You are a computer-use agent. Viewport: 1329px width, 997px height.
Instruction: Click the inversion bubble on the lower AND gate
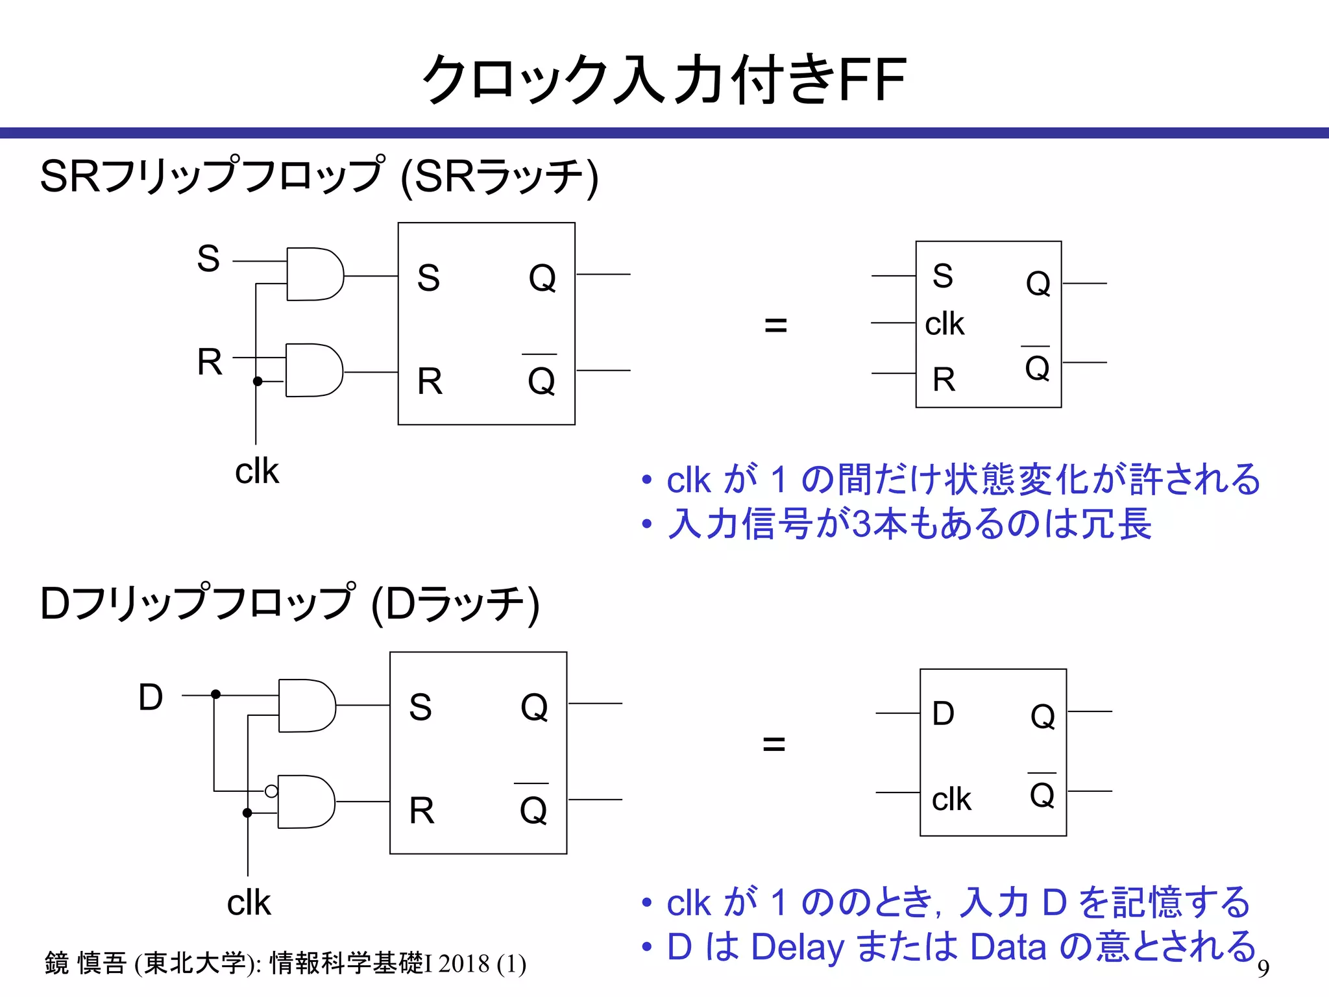271,791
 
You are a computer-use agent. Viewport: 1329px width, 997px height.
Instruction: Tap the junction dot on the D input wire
216,695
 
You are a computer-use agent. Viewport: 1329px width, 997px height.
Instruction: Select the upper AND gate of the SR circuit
315,274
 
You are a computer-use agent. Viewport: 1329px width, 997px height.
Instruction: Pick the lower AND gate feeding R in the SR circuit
314,370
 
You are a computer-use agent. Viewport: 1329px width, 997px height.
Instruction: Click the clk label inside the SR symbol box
944,324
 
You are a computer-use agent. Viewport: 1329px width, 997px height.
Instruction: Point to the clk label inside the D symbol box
951,799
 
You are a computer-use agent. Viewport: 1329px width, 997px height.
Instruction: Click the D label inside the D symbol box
943,713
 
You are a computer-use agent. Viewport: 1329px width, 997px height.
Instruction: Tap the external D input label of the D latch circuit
151,698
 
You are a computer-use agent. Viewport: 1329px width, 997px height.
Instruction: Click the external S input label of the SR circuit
208,258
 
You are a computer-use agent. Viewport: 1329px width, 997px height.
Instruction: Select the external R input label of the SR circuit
210,362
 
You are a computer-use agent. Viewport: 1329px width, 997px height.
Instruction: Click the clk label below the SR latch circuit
256,471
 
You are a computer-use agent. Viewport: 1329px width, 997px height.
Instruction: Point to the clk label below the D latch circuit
249,903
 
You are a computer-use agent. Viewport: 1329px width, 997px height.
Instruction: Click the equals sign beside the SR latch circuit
775,325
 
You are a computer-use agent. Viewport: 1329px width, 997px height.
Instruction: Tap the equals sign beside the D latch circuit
774,744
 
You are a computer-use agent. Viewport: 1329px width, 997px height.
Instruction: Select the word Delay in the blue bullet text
797,947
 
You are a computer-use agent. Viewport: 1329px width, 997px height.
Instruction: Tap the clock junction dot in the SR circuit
258,381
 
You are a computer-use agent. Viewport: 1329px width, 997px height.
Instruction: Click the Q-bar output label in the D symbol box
1042,793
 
